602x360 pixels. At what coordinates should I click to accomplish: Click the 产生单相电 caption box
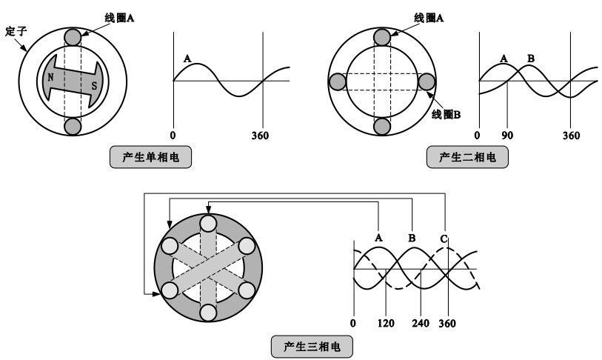150,157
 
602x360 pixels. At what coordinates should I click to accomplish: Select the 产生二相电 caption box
467,157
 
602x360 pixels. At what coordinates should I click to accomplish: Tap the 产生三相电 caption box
312,347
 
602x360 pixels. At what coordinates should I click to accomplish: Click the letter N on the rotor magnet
50,78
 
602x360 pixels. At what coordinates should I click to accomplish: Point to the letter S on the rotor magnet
94,86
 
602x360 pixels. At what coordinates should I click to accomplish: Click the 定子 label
16,31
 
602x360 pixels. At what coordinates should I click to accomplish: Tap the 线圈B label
446,114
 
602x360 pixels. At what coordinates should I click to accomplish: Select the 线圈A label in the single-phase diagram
119,18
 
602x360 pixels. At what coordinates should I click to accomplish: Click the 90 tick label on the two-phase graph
507,136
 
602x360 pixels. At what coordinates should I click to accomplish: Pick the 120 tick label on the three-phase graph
386,323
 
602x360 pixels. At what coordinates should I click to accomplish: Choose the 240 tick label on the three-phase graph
421,323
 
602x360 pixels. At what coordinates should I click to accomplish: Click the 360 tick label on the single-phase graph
260,136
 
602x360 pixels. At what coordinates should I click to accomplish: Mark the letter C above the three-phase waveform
444,239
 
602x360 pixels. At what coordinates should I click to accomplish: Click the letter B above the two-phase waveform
531,59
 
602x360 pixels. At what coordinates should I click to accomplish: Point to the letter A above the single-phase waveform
187,59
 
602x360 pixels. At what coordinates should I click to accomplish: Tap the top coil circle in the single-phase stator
73,37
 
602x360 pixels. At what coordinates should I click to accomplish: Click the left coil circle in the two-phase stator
338,81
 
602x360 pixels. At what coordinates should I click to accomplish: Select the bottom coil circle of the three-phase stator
209,313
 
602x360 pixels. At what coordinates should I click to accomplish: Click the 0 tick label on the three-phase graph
352,323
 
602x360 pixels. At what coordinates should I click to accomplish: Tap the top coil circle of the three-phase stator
209,223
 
